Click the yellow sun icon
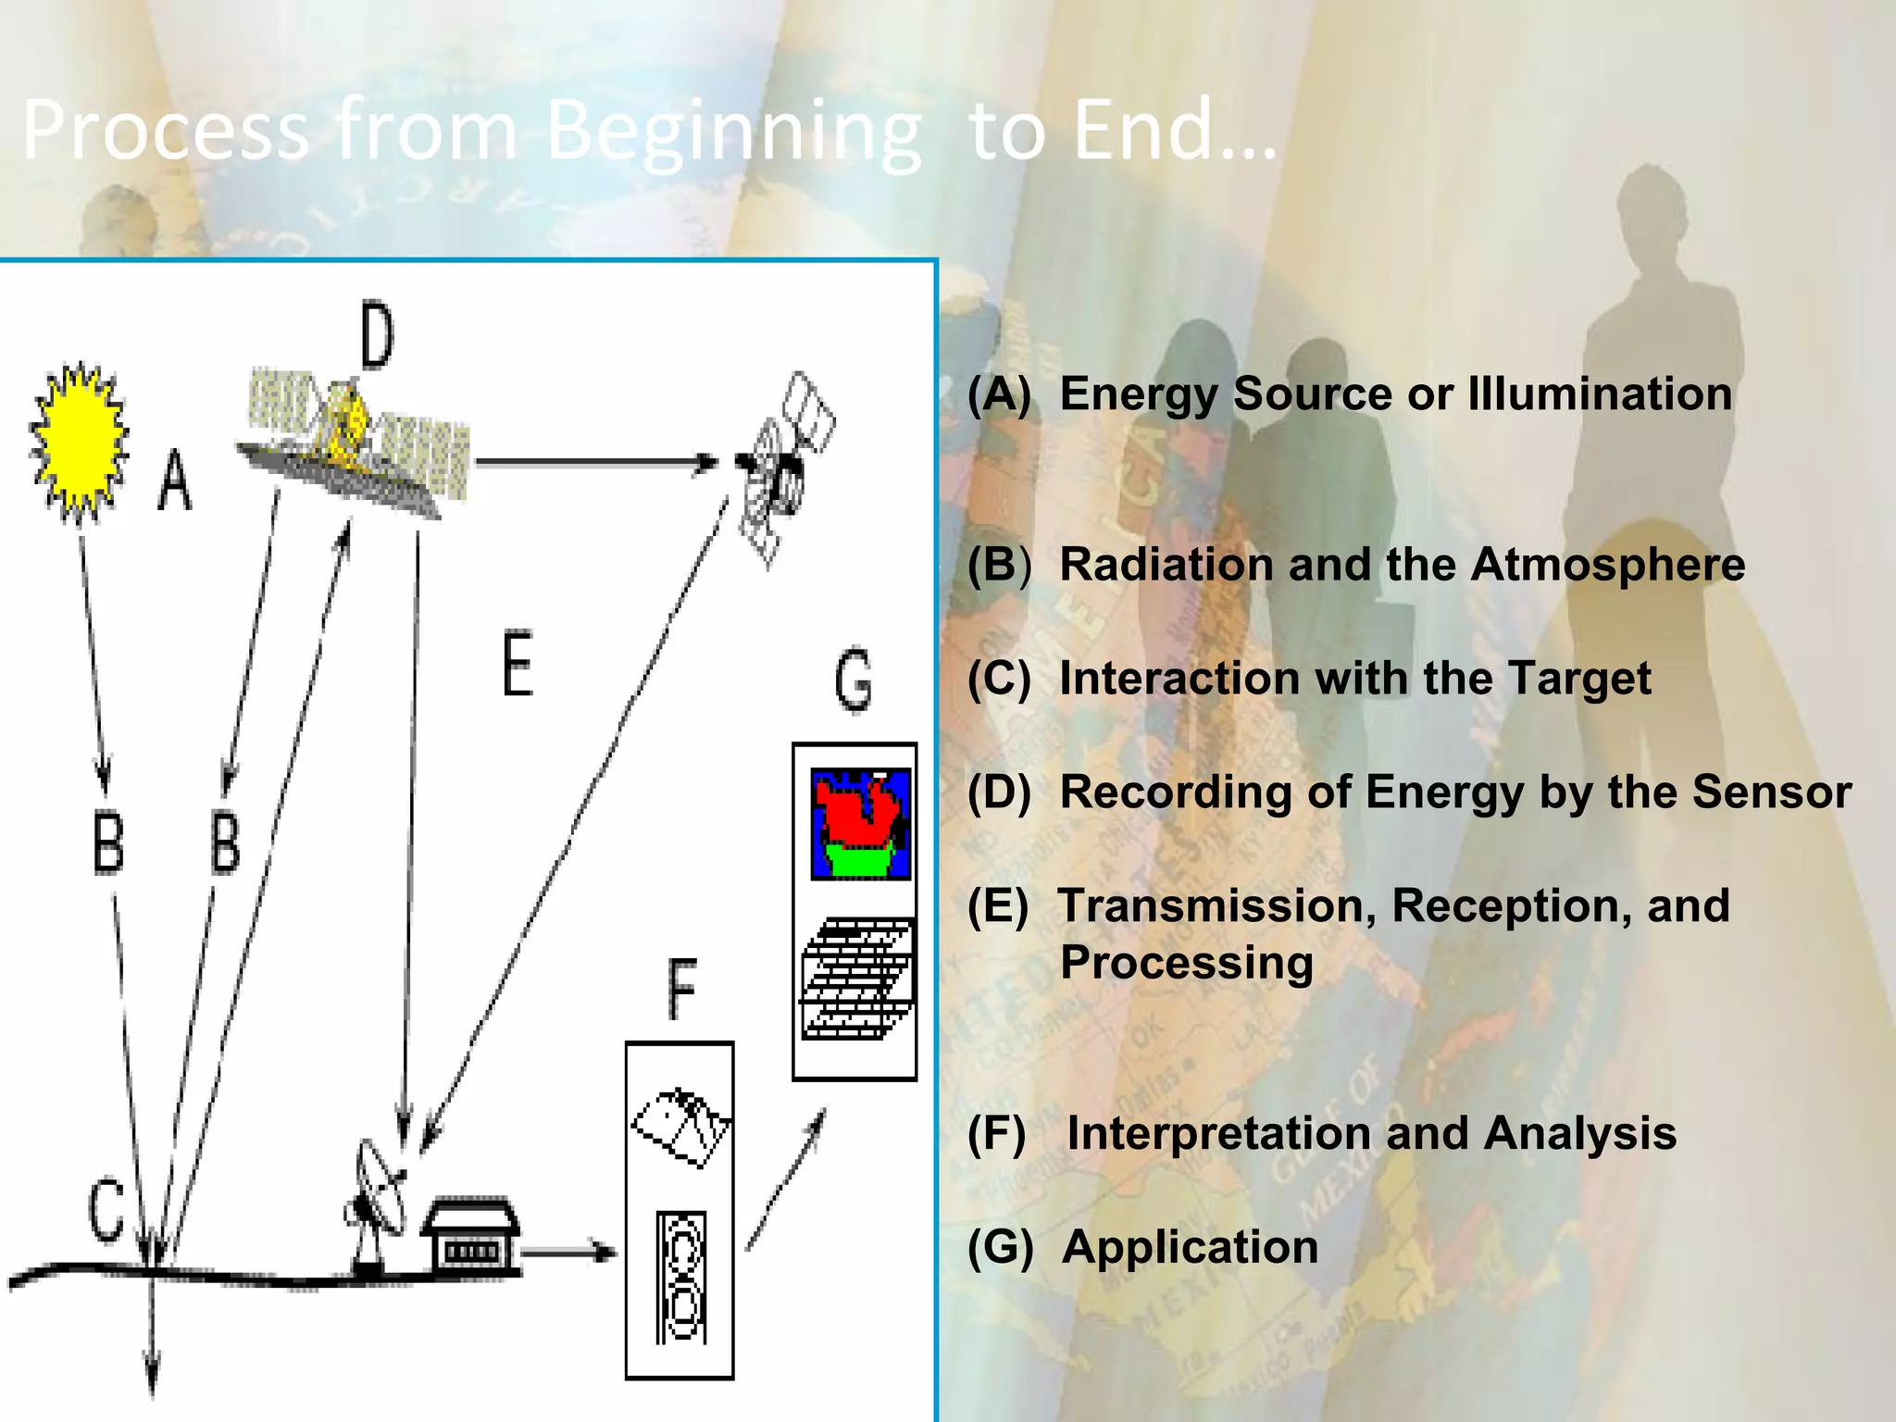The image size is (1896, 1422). pyautogui.click(x=78, y=442)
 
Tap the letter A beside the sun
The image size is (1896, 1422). pyautogui.click(x=174, y=480)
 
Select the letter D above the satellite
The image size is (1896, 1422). pyautogui.click(x=377, y=335)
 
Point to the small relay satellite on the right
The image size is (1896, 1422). pyautogui.click(x=783, y=468)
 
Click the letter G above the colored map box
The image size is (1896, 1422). pyautogui.click(x=853, y=680)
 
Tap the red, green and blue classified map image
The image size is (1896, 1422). pyautogui.click(x=860, y=823)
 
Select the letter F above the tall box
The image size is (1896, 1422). pyautogui.click(x=681, y=989)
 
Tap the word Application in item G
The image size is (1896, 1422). pyautogui.click(x=1190, y=1246)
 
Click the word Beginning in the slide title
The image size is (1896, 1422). pyautogui.click(x=733, y=131)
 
